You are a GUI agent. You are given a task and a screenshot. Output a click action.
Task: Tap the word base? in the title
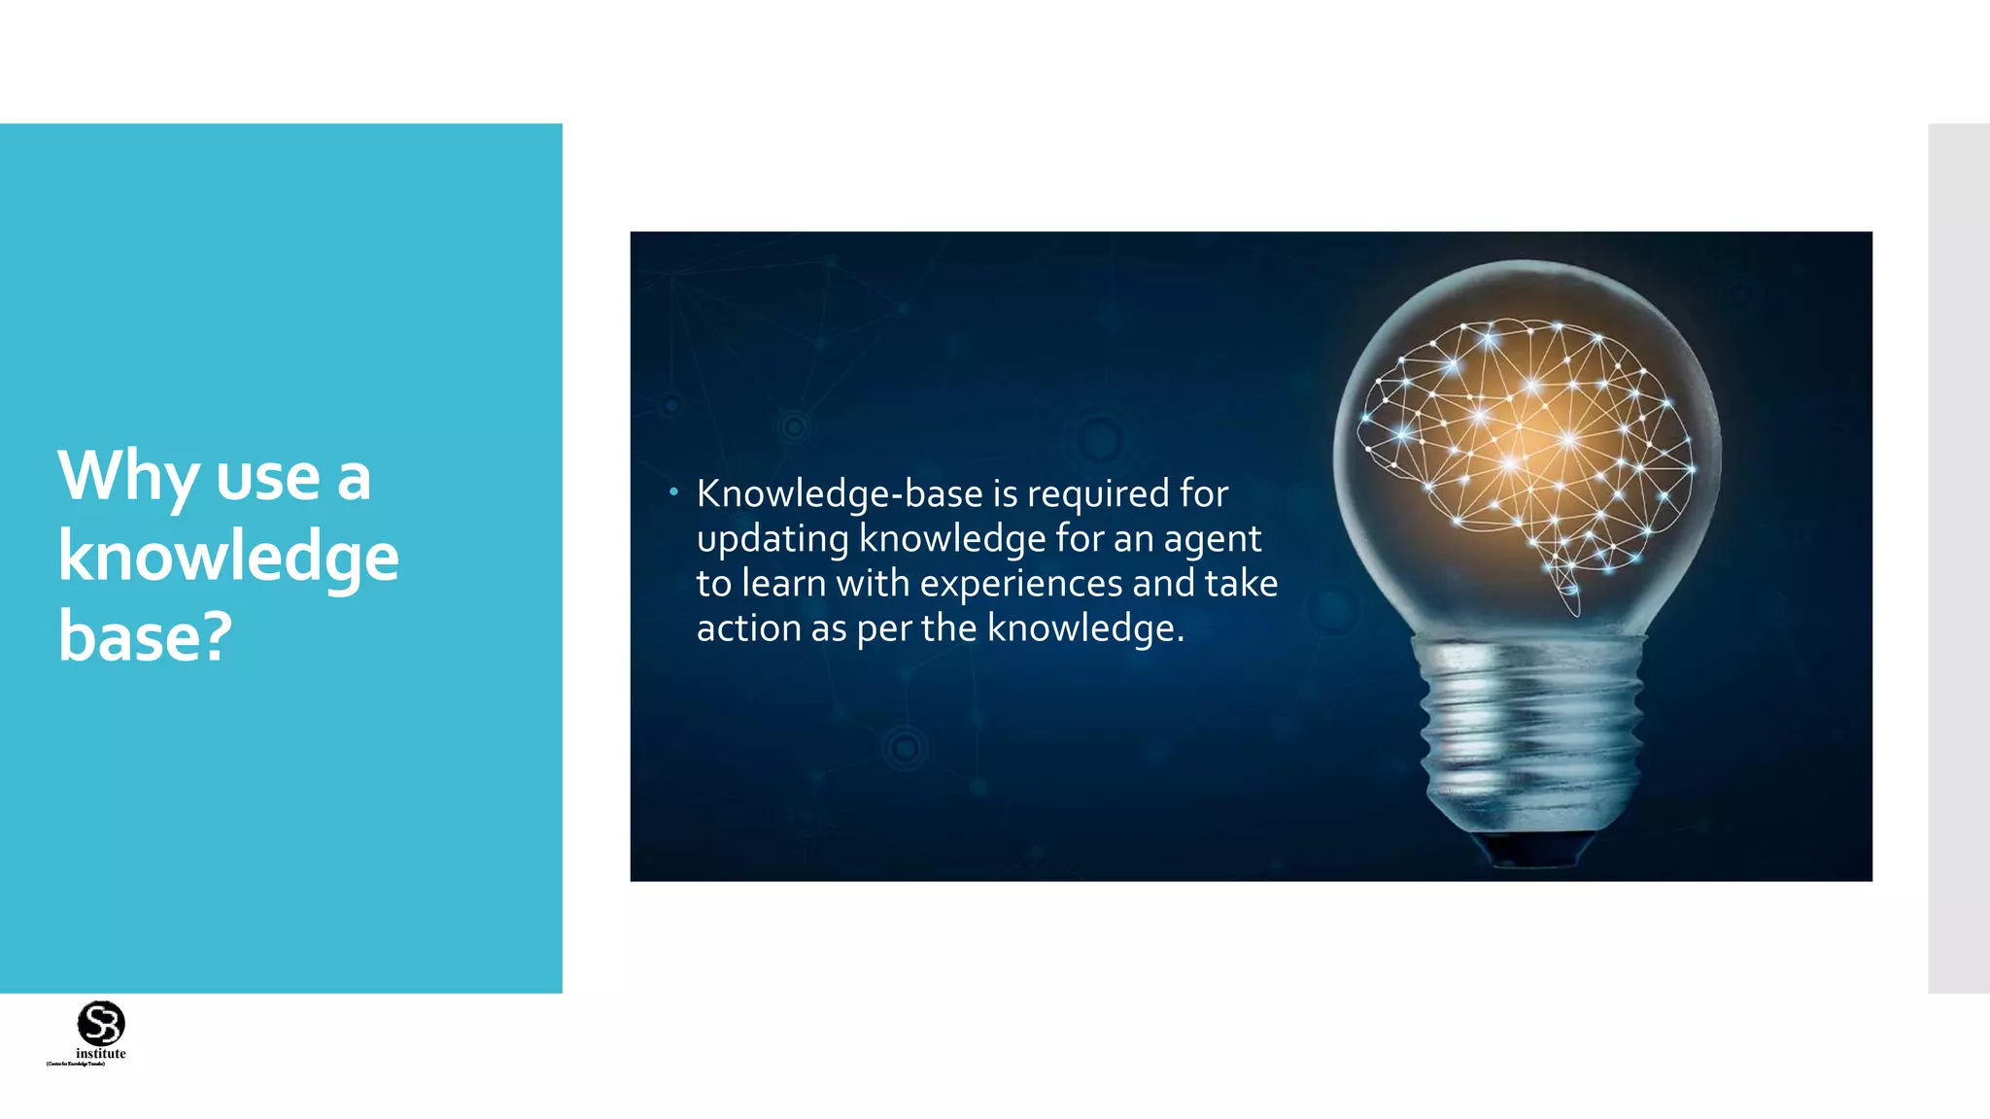point(146,636)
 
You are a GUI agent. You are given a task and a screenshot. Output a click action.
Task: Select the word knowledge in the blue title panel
point(228,558)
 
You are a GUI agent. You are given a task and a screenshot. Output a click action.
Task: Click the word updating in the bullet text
point(772,539)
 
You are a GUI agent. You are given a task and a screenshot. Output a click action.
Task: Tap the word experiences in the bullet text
point(1021,584)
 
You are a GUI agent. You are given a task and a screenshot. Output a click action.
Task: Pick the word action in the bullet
point(748,628)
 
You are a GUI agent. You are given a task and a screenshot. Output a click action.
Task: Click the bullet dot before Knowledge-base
point(673,492)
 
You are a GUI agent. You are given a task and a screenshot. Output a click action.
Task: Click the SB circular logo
point(101,1023)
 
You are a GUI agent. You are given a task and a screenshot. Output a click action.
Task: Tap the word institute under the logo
point(101,1054)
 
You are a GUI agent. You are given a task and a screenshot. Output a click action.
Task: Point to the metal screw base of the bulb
point(1530,738)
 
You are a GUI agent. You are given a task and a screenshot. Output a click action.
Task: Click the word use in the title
point(267,478)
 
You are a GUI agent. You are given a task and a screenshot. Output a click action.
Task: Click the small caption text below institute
point(76,1065)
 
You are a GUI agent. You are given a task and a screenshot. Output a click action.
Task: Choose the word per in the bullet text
point(885,628)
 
